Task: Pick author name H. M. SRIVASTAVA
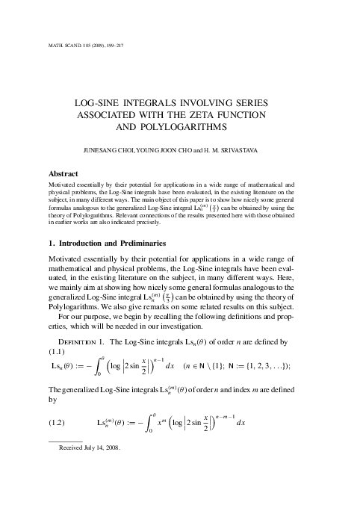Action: click(240, 150)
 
